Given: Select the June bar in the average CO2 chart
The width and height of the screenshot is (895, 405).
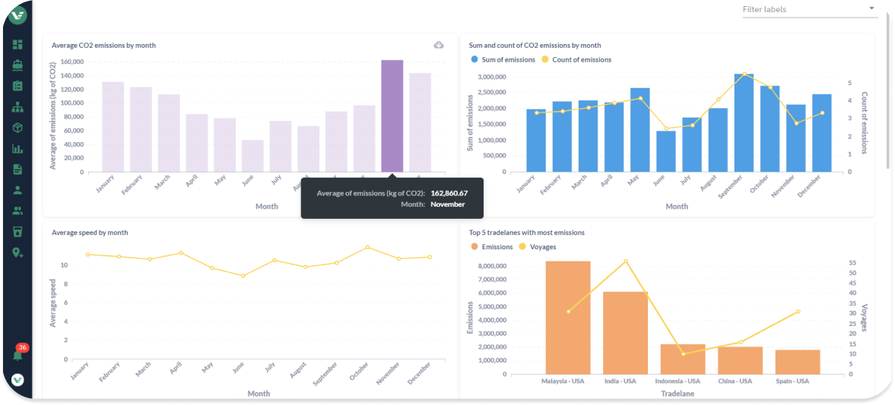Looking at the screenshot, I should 252,156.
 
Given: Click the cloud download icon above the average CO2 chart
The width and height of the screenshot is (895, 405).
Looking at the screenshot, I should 439,45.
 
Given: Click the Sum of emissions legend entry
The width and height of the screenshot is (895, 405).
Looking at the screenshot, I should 503,59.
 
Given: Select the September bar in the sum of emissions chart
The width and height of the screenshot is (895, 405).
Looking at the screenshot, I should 744,122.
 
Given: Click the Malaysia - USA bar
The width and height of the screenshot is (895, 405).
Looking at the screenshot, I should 568,317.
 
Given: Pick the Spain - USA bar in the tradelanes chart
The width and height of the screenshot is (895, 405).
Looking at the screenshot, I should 798,362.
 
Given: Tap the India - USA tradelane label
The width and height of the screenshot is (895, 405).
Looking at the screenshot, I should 619,381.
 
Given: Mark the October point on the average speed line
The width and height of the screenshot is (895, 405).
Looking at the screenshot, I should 367,247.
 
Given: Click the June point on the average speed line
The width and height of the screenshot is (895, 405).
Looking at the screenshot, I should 243,276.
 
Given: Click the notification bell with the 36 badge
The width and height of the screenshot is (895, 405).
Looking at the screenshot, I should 17,355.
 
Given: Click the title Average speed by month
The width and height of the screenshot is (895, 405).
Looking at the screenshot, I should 90,233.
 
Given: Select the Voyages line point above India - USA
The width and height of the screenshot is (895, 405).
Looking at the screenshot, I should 626,261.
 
